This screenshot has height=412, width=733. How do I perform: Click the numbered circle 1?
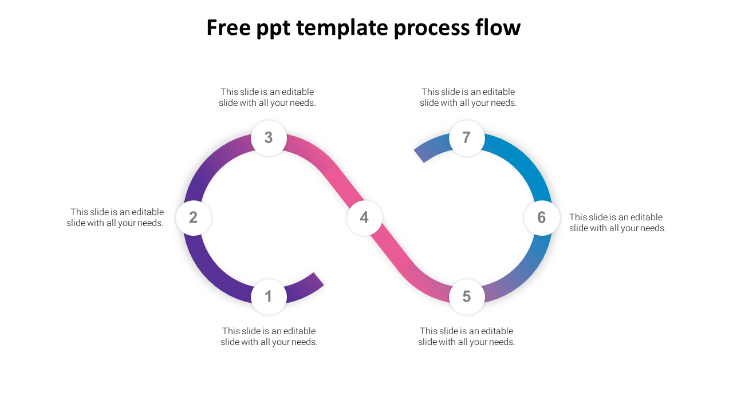[269, 296]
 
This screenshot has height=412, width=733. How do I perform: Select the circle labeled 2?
[194, 218]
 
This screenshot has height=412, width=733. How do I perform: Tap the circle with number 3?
[269, 138]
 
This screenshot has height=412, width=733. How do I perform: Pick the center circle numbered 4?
[365, 218]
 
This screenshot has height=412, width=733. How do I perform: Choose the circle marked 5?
[467, 296]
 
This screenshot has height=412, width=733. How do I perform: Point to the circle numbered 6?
[542, 218]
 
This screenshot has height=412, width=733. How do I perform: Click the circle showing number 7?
[467, 138]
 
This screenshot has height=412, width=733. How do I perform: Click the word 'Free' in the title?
[228, 27]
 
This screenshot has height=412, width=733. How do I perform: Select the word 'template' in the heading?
[342, 29]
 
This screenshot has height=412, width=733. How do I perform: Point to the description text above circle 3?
[267, 97]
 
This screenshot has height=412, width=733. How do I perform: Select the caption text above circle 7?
[468, 97]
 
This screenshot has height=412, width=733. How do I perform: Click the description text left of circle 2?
[115, 217]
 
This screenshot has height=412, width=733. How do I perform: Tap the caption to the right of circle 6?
[618, 223]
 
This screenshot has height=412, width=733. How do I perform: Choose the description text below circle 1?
[269, 336]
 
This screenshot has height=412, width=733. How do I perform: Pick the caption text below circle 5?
[467, 336]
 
